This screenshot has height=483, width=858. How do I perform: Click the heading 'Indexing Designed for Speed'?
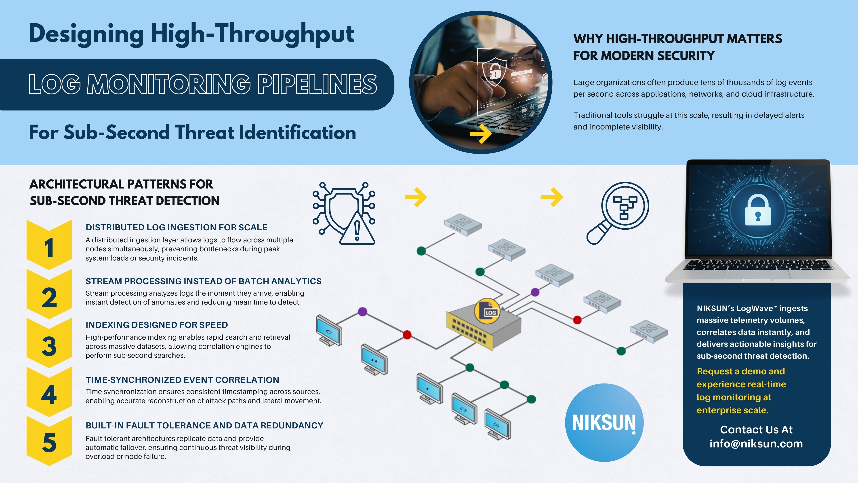[157, 325]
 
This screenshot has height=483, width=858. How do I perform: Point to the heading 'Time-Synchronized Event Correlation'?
[182, 380]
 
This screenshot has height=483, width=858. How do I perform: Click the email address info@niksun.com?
[756, 444]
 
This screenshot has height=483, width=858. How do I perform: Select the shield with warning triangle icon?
[344, 213]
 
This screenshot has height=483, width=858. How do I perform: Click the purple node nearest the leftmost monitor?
[362, 312]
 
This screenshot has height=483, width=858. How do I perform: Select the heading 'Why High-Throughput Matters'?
[677, 39]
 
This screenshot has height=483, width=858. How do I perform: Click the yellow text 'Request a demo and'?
[741, 371]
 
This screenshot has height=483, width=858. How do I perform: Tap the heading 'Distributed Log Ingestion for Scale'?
[176, 227]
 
